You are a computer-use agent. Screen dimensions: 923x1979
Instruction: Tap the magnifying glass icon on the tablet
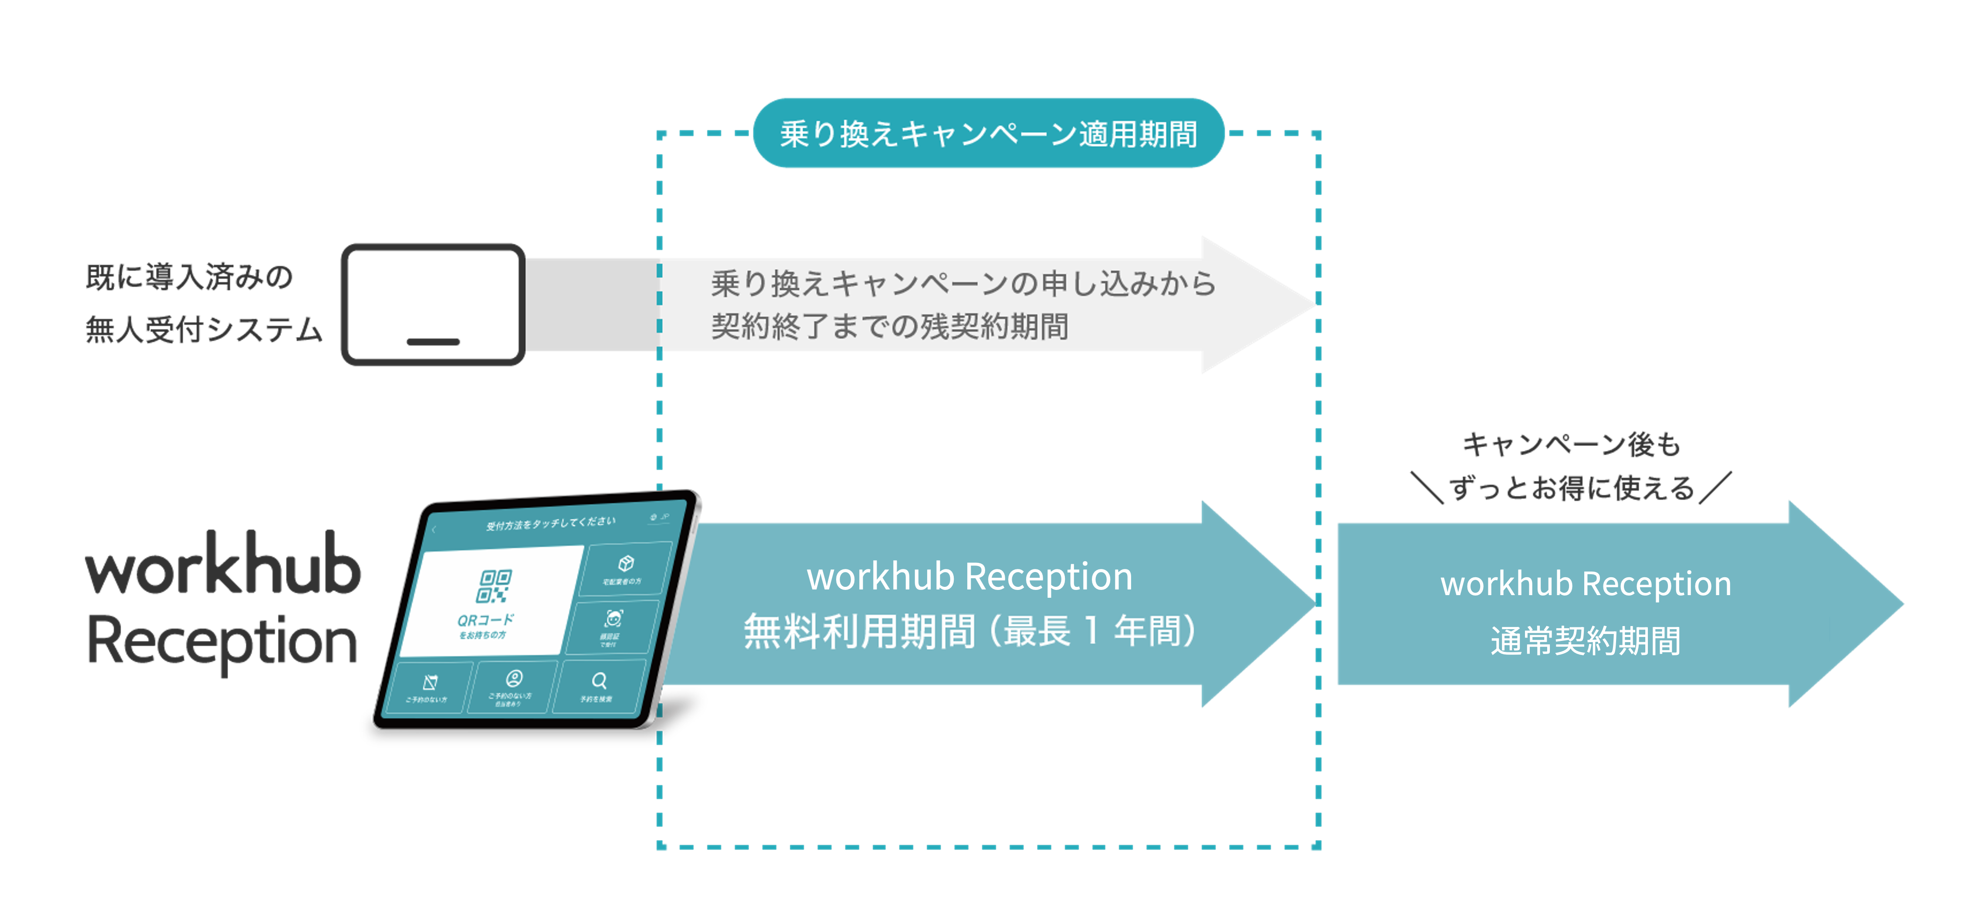point(599,681)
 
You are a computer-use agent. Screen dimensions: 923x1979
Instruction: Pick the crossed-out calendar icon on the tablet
point(430,682)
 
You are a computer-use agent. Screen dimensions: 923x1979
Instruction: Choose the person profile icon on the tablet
point(514,678)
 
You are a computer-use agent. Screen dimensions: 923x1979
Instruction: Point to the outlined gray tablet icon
point(433,304)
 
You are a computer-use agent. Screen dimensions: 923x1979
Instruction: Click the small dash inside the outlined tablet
point(433,341)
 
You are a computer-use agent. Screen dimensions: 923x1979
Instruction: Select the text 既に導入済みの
point(189,277)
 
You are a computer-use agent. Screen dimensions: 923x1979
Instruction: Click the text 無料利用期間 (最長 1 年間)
point(969,632)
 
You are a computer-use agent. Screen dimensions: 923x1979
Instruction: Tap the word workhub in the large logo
point(223,567)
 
